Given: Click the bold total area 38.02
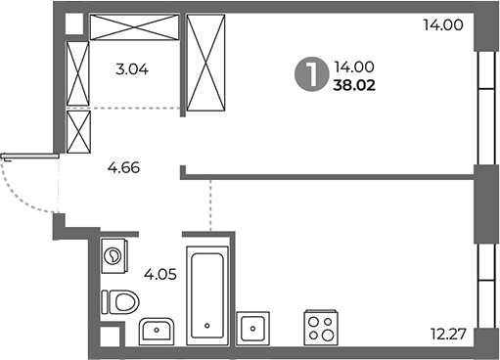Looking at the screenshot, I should (x=354, y=85).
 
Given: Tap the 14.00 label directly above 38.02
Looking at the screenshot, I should (x=353, y=67).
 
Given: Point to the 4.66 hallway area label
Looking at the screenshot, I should (x=123, y=167).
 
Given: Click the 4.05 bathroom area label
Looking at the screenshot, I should (x=160, y=274).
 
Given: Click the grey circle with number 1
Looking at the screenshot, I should (x=309, y=75).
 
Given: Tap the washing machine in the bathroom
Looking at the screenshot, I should (x=115, y=257).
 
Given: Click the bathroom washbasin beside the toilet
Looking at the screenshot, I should (x=157, y=331).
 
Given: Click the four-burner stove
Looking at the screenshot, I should (x=321, y=327).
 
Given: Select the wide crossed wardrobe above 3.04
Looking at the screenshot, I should (x=134, y=27).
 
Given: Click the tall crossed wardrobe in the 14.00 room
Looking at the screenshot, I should (x=205, y=66).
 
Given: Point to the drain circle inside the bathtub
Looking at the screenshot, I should (x=207, y=326).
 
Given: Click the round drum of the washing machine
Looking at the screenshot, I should (x=114, y=257).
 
